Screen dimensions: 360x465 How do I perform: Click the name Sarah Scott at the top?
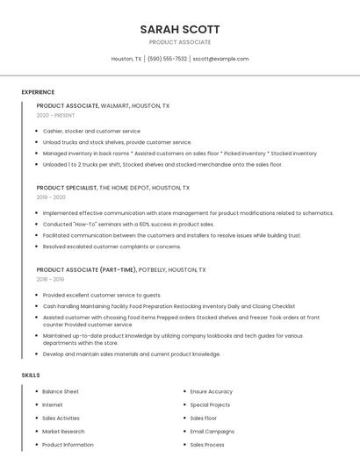tap(180, 29)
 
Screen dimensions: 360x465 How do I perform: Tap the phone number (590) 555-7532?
tap(167, 59)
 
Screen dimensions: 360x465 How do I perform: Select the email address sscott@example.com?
tap(220, 59)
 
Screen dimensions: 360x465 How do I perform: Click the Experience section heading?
tap(38, 92)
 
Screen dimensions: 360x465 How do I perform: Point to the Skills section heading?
tap(31, 375)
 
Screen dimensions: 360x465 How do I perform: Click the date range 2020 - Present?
tap(55, 115)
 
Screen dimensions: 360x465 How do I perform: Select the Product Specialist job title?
tap(67, 188)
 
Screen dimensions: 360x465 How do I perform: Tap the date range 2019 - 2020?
tap(51, 197)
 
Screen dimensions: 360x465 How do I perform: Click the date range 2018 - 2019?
tap(50, 279)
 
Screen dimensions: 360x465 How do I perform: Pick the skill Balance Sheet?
tap(61, 391)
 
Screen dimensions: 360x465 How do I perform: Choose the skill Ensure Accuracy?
tap(212, 391)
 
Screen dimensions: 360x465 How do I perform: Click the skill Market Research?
tap(63, 432)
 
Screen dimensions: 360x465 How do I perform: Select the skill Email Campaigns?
tap(212, 432)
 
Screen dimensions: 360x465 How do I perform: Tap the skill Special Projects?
tap(210, 404)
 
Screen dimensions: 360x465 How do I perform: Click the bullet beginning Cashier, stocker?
tap(91, 131)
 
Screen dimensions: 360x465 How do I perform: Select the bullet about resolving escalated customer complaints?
tap(112, 247)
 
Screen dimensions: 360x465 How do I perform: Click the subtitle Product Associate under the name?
tap(180, 42)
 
